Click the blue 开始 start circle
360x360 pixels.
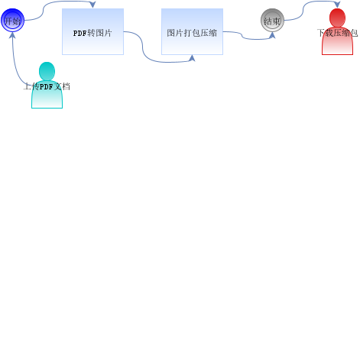pos(12,20)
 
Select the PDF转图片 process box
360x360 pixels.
pos(92,31)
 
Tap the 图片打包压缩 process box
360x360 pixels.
pos(192,31)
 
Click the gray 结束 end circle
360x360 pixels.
pos(272,20)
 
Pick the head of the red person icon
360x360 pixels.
pos(337,18)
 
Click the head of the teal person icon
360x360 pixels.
pos(47,71)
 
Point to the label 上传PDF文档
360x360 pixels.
pos(47,86)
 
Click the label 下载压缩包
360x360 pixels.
pos(337,33)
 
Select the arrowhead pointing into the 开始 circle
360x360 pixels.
pos(12,35)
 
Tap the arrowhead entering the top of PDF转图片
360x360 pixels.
pos(92,5)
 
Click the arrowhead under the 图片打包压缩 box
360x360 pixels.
pos(192,58)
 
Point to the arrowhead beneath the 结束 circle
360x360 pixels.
pos(272,35)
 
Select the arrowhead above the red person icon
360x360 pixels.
pos(337,5)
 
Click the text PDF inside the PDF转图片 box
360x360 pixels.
pos(79,33)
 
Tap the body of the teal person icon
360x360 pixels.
pos(47,96)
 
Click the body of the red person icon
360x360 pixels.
pos(337,42)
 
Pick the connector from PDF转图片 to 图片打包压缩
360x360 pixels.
pos(143,47)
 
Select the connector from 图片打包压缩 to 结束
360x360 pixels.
pos(242,36)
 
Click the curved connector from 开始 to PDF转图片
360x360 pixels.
pos(44,11)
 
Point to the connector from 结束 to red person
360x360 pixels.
pos(303,11)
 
